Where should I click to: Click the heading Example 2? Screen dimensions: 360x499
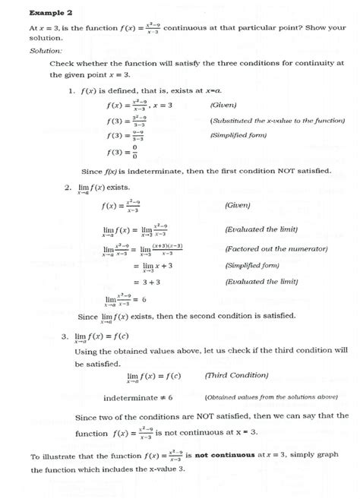51,13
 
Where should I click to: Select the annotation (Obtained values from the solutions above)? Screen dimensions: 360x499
271,396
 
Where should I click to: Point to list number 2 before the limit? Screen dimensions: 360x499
67,186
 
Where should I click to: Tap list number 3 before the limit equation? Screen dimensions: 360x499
67,335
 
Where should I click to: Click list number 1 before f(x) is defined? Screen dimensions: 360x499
70,91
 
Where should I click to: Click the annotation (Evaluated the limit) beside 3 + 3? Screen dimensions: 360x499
261,281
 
